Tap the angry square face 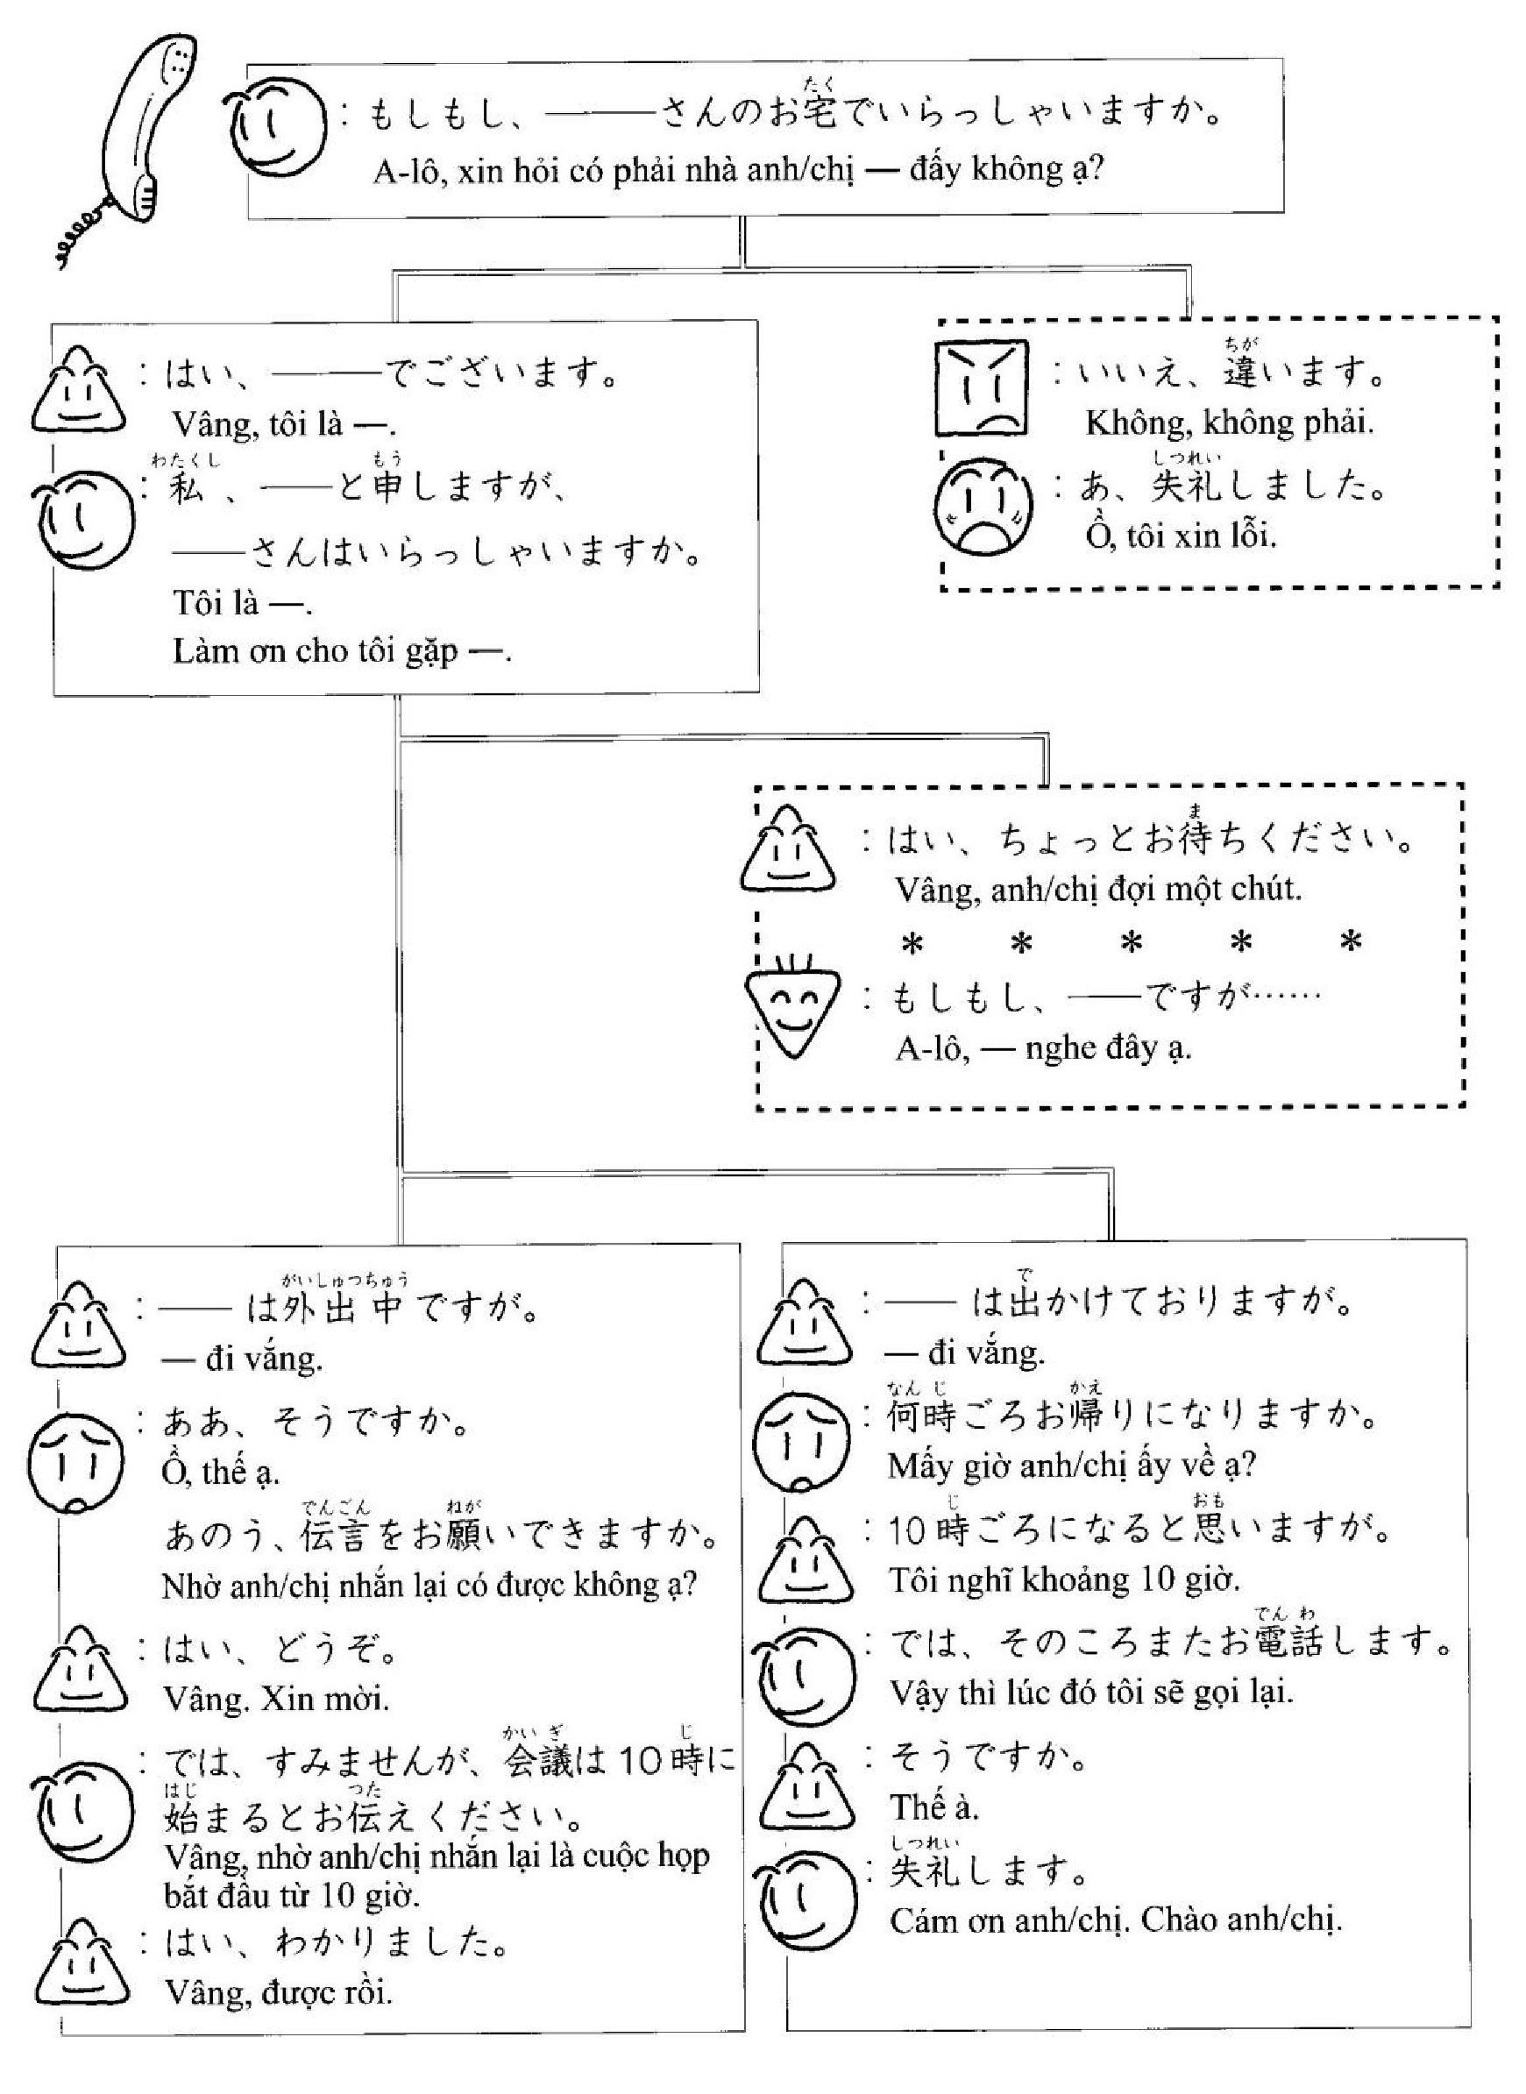click(x=981, y=388)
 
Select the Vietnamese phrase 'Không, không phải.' click(x=1230, y=423)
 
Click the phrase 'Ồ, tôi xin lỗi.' click(x=1181, y=536)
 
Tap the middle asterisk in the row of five click(x=1132, y=944)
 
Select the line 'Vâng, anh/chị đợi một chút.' click(x=1098, y=890)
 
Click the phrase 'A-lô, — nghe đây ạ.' click(x=1043, y=1048)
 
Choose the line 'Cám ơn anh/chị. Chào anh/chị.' click(x=1116, y=1920)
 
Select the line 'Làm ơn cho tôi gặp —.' click(x=342, y=651)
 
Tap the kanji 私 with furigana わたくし click(x=187, y=486)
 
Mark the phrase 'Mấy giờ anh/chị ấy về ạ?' click(x=1071, y=1465)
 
